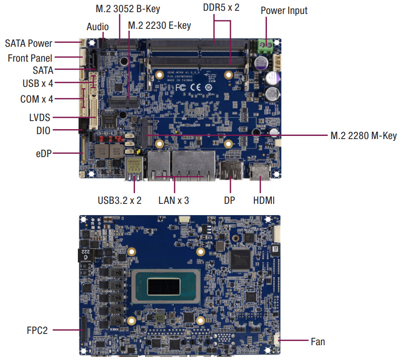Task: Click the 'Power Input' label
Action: click(284, 10)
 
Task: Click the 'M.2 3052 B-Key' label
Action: click(128, 9)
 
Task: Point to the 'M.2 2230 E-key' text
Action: click(159, 26)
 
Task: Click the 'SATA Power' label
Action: click(29, 44)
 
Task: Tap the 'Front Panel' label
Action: click(30, 58)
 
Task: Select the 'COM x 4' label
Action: click(36, 99)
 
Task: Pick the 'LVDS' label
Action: click(38, 118)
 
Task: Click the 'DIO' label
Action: click(43, 130)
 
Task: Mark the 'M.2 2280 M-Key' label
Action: click(363, 135)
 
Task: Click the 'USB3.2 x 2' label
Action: click(119, 200)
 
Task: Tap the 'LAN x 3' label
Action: click(174, 200)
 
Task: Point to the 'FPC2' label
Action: click(36, 330)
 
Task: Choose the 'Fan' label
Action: click(318, 342)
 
